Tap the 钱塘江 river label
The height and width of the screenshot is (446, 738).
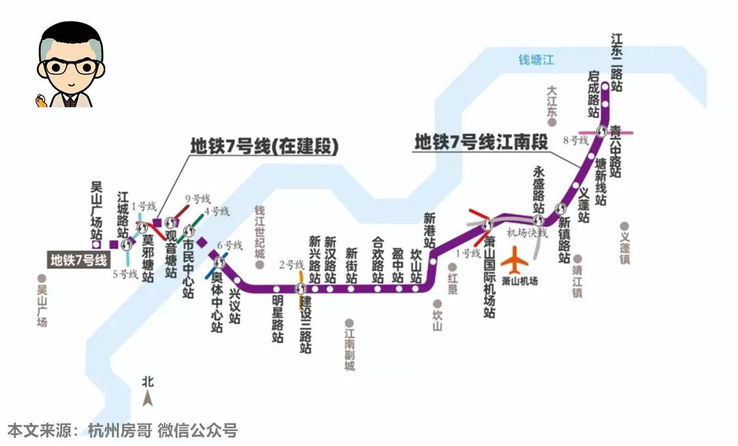pos(536,60)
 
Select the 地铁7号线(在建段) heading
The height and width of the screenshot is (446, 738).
pos(264,146)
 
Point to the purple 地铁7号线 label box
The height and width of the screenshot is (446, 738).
pos(79,260)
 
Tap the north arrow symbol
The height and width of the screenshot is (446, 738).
pos(147,398)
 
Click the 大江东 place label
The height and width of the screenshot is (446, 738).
pos(553,102)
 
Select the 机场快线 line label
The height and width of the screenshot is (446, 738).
pos(527,233)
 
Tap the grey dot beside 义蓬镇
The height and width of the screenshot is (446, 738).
pos(624,225)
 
